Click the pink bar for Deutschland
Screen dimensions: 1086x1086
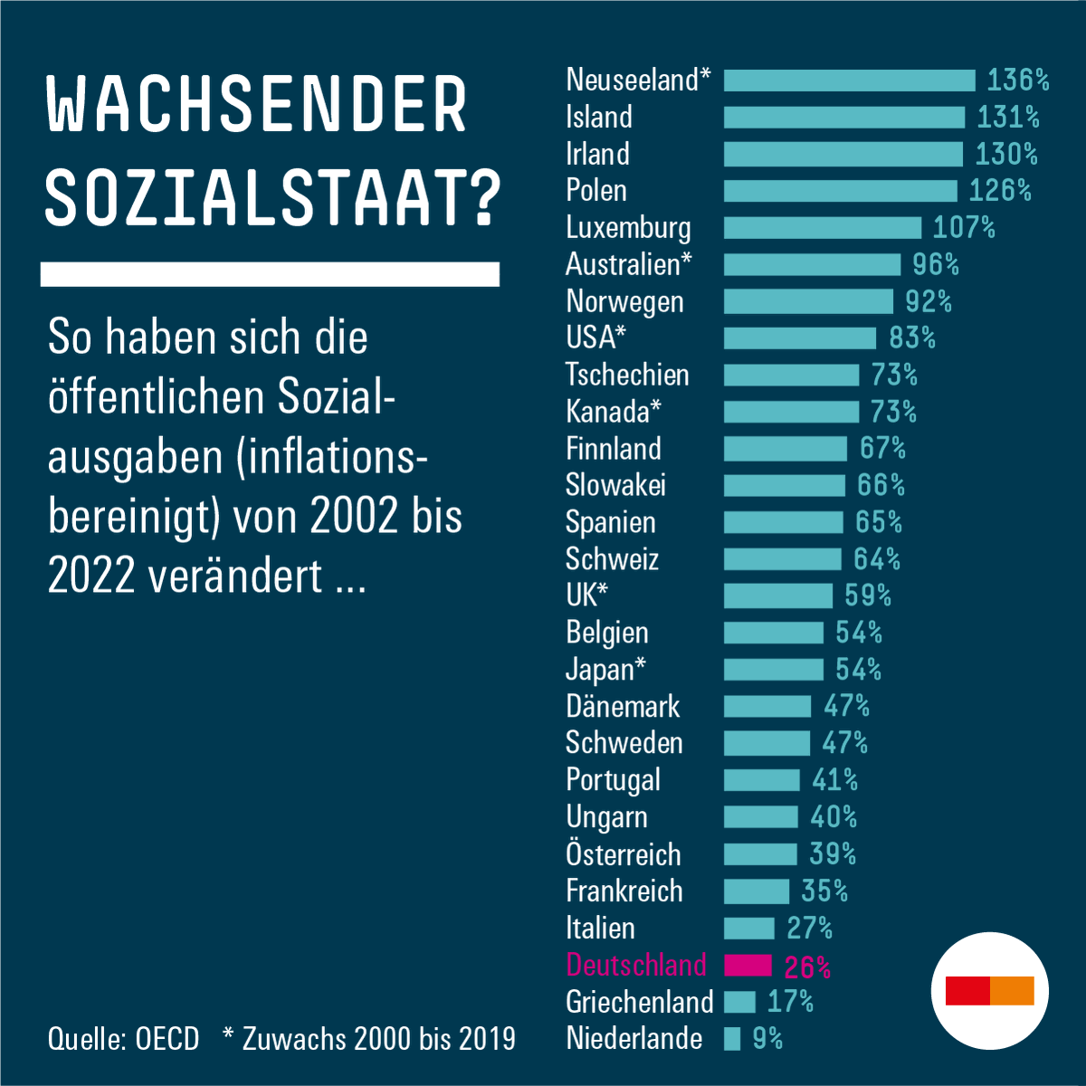[x=748, y=966]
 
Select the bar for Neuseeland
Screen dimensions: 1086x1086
[x=849, y=81]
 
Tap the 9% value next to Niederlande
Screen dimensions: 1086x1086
[x=767, y=1039]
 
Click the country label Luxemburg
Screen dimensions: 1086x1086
[x=628, y=228]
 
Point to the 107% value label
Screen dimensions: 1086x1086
[x=964, y=227]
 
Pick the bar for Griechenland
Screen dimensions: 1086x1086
[x=739, y=1002]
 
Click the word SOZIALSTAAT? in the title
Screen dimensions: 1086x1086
[x=271, y=197]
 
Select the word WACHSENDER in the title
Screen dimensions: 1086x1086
[x=256, y=105]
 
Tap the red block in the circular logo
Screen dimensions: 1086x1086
[x=967, y=991]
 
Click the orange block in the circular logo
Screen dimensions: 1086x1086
[x=1013, y=991]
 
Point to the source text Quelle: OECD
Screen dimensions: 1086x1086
[x=123, y=1039]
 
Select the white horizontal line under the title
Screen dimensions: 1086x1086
[x=270, y=274]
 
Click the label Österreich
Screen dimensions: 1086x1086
[x=623, y=854]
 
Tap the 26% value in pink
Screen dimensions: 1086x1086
[x=807, y=967]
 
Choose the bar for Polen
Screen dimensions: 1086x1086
[x=840, y=191]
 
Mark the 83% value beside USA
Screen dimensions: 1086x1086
[x=911, y=338]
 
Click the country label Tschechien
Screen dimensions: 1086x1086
[x=627, y=376]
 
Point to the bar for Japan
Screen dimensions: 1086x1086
[x=773, y=670]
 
